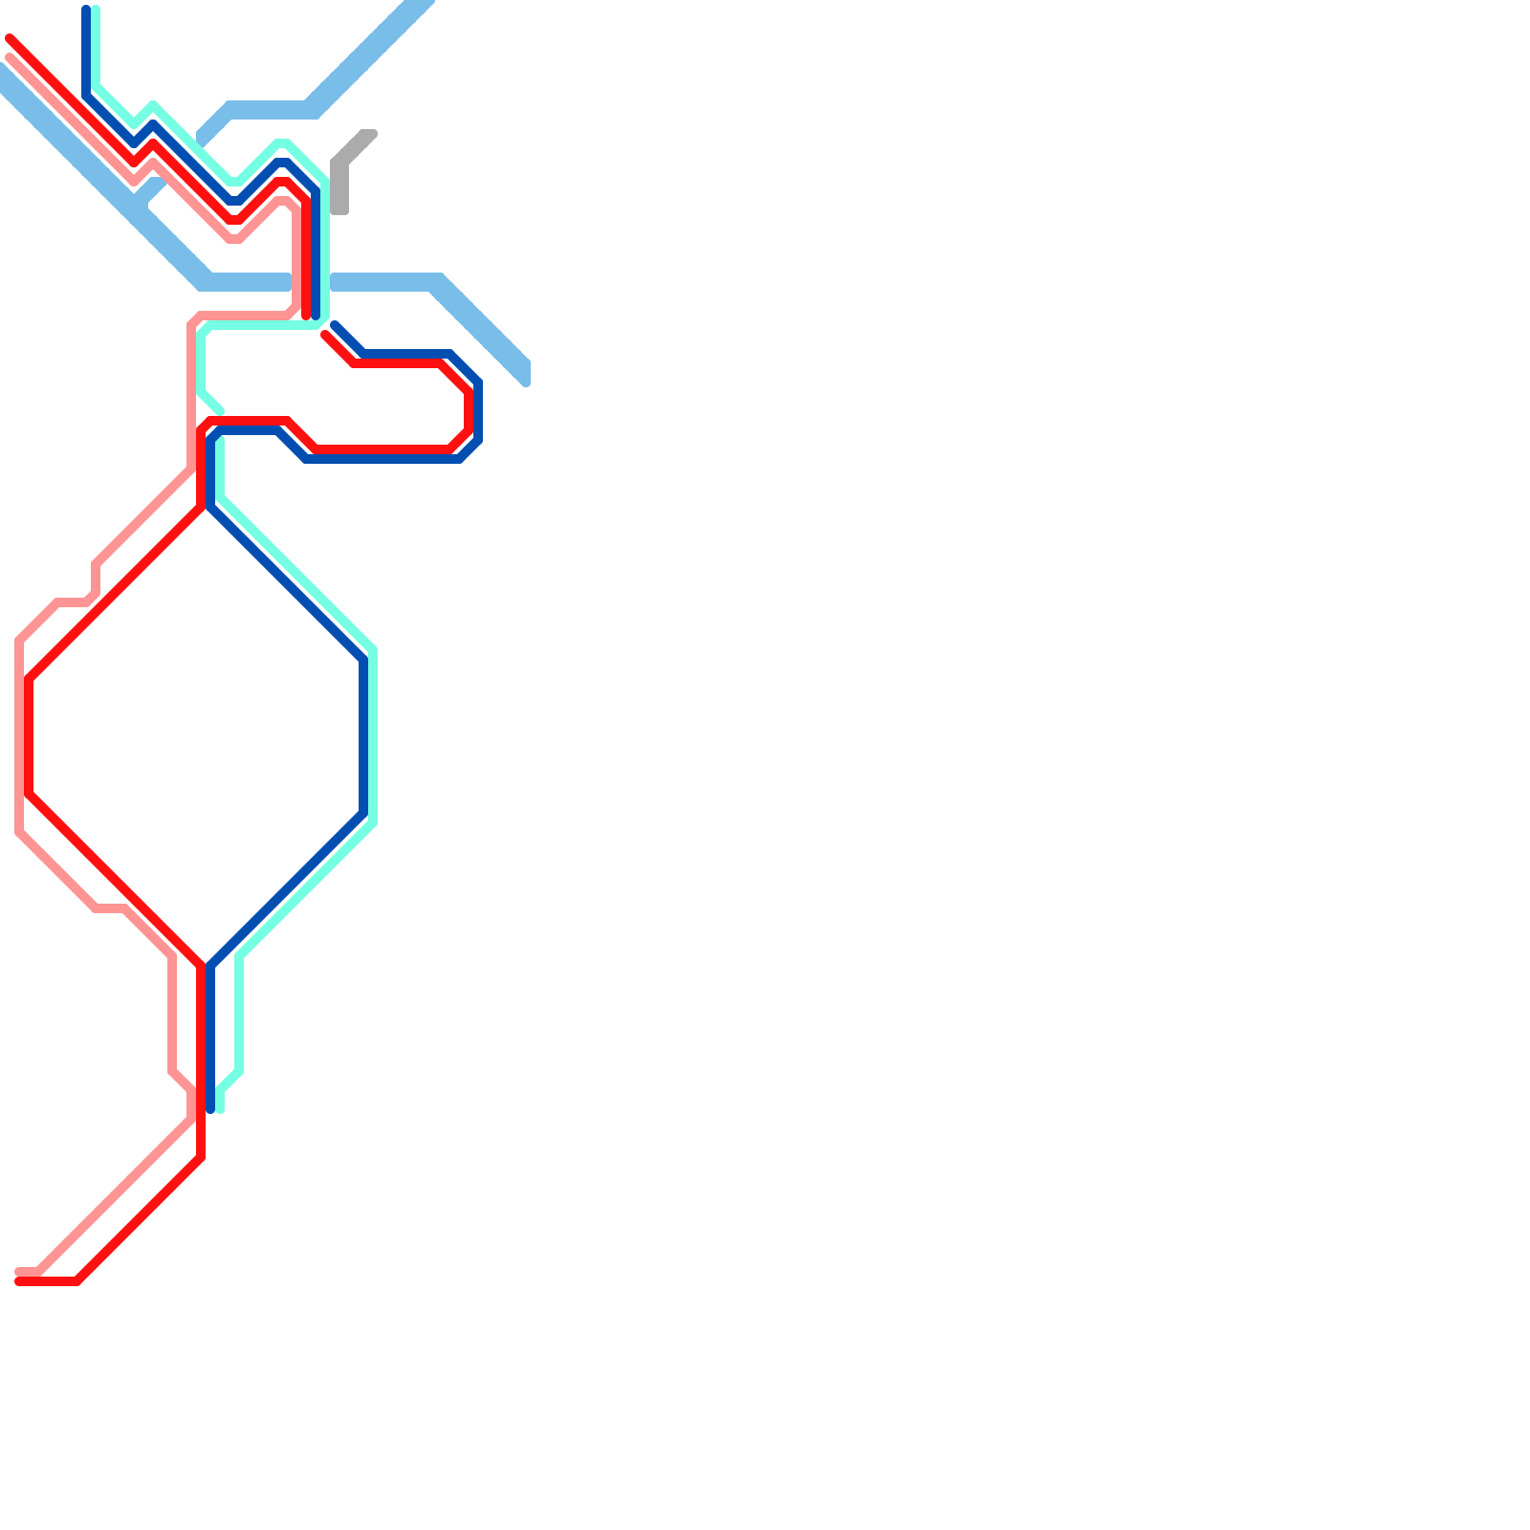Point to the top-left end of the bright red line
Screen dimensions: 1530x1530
pyautogui.click(x=11, y=39)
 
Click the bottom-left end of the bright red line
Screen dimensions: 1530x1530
pyautogui.click(x=20, y=1280)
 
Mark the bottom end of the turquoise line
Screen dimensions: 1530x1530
pyautogui.click(x=220, y=1108)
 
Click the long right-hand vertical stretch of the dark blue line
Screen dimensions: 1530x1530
pyautogui.click(x=364, y=736)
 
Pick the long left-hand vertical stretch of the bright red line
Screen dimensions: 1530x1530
pyautogui.click(x=30, y=736)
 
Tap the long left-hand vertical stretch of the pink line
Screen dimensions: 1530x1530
pyautogui.click(x=19, y=736)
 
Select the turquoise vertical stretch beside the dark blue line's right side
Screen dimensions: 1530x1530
pyautogui.click(x=373, y=736)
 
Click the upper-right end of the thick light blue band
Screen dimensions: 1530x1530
pyautogui.click(x=421, y=5)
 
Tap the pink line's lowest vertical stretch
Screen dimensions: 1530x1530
pyautogui.click(x=172, y=1014)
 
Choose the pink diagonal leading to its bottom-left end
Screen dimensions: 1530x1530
pyautogui.click(x=115, y=1195)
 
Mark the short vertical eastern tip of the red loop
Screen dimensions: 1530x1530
pyautogui.click(x=469, y=411)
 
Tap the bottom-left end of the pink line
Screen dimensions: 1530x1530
pyautogui.click(x=20, y=1272)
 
